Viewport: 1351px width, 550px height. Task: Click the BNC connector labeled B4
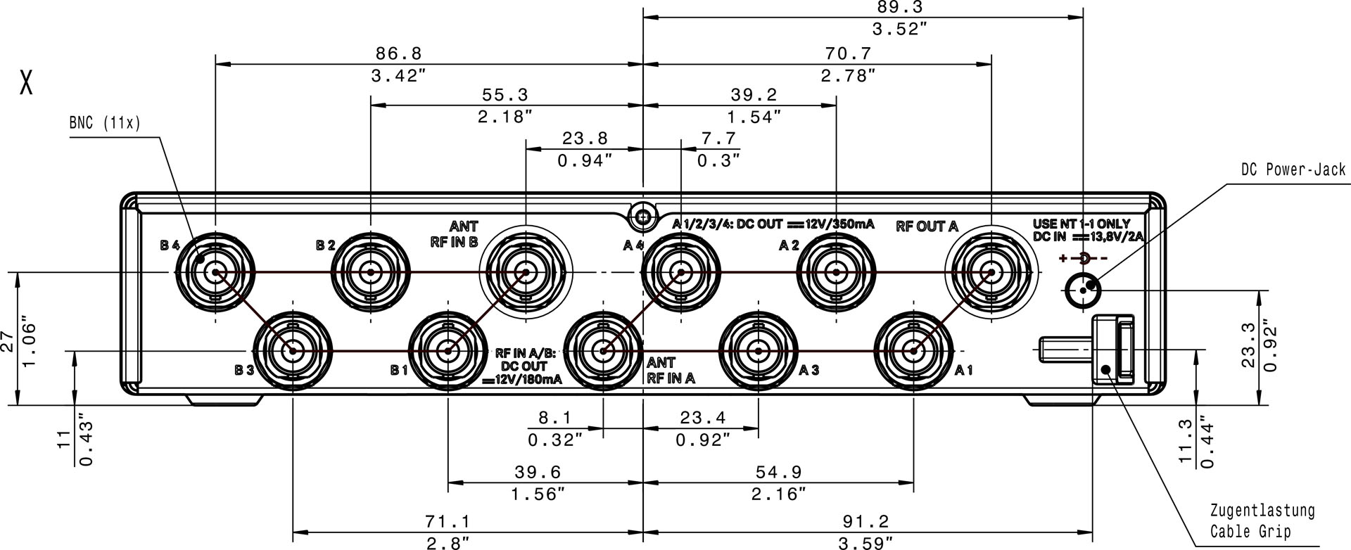click(215, 272)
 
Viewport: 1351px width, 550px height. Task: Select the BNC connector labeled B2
click(370, 272)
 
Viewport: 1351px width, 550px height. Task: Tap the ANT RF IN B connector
click(525, 272)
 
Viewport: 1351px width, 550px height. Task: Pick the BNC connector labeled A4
click(680, 272)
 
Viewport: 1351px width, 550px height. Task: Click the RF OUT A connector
click(991, 272)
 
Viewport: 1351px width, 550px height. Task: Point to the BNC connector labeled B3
click(292, 350)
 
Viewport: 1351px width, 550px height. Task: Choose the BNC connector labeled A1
click(913, 350)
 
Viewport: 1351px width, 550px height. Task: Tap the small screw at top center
click(641, 217)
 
